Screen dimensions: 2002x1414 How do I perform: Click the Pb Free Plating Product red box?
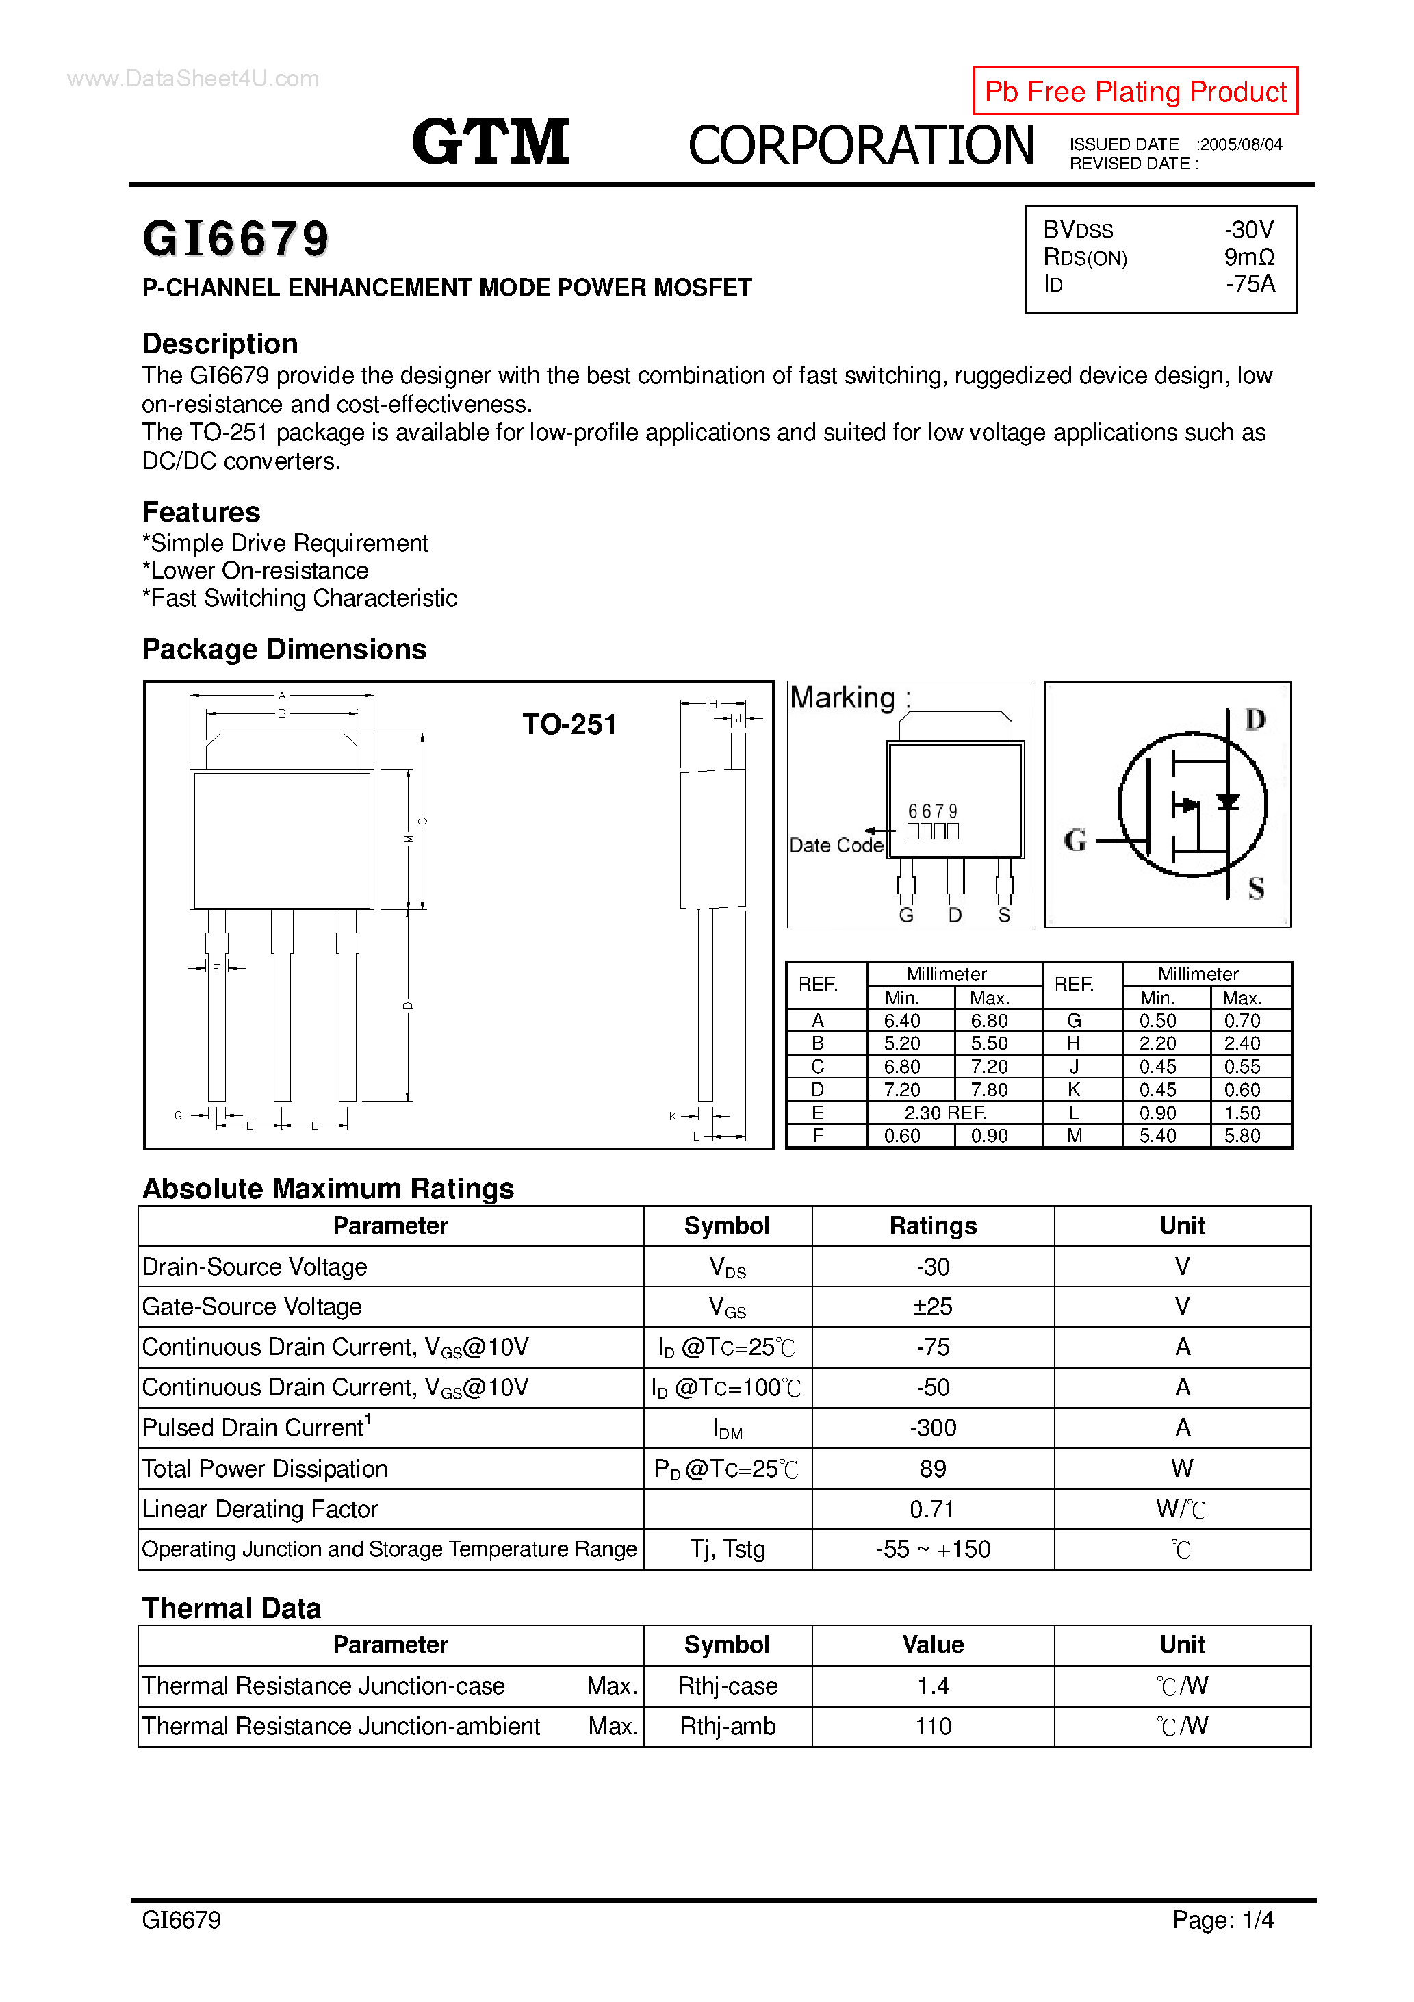1134,90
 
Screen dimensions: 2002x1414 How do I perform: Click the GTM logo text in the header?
490,142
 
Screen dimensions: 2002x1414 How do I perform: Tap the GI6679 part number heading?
235,239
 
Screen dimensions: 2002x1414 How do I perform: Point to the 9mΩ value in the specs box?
1248,257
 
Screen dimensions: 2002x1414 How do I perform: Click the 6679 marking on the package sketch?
932,811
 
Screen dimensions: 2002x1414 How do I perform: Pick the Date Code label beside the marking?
835,845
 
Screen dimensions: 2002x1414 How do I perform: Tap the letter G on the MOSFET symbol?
1075,841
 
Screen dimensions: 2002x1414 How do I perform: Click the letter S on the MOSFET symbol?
1255,889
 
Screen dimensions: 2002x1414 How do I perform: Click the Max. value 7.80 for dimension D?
988,1090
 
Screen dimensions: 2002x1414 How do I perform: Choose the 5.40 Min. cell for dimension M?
1157,1136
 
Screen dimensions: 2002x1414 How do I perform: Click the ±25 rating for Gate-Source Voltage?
932,1306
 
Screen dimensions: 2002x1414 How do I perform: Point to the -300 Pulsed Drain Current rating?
932,1428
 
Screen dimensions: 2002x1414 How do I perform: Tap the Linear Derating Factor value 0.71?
932,1508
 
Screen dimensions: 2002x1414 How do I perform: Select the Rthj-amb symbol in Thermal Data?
727,1725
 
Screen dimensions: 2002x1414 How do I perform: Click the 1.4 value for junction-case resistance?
932,1686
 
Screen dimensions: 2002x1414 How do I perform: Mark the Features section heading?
201,512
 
